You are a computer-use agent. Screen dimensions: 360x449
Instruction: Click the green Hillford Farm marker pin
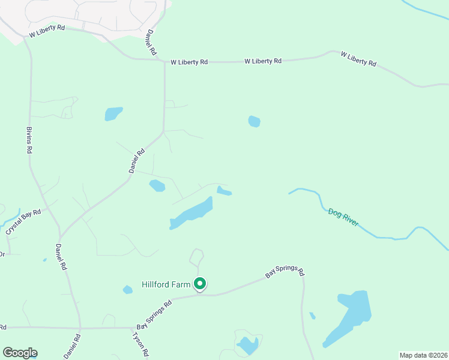click(x=200, y=284)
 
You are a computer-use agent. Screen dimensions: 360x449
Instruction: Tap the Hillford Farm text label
click(x=166, y=284)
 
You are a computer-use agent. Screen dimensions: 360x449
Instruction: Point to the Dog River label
click(x=343, y=217)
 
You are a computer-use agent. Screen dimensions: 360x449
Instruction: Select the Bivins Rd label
click(x=29, y=140)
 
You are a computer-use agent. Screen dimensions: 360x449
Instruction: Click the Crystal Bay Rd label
click(x=23, y=222)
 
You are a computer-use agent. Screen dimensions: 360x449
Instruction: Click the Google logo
click(x=20, y=353)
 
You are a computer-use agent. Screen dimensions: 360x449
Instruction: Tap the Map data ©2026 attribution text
click(x=423, y=355)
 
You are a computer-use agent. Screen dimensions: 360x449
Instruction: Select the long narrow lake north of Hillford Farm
click(x=191, y=213)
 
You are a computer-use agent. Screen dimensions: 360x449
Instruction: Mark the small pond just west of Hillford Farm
click(x=128, y=290)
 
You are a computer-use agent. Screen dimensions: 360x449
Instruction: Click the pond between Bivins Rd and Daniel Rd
click(x=113, y=113)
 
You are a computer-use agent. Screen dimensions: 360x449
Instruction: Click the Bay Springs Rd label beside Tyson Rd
click(x=154, y=315)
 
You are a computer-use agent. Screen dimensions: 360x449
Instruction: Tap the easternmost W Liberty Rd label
click(x=358, y=59)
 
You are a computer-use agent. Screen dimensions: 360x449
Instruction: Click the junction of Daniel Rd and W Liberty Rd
click(x=164, y=61)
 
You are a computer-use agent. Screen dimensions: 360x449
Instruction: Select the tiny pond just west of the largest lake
click(x=312, y=316)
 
